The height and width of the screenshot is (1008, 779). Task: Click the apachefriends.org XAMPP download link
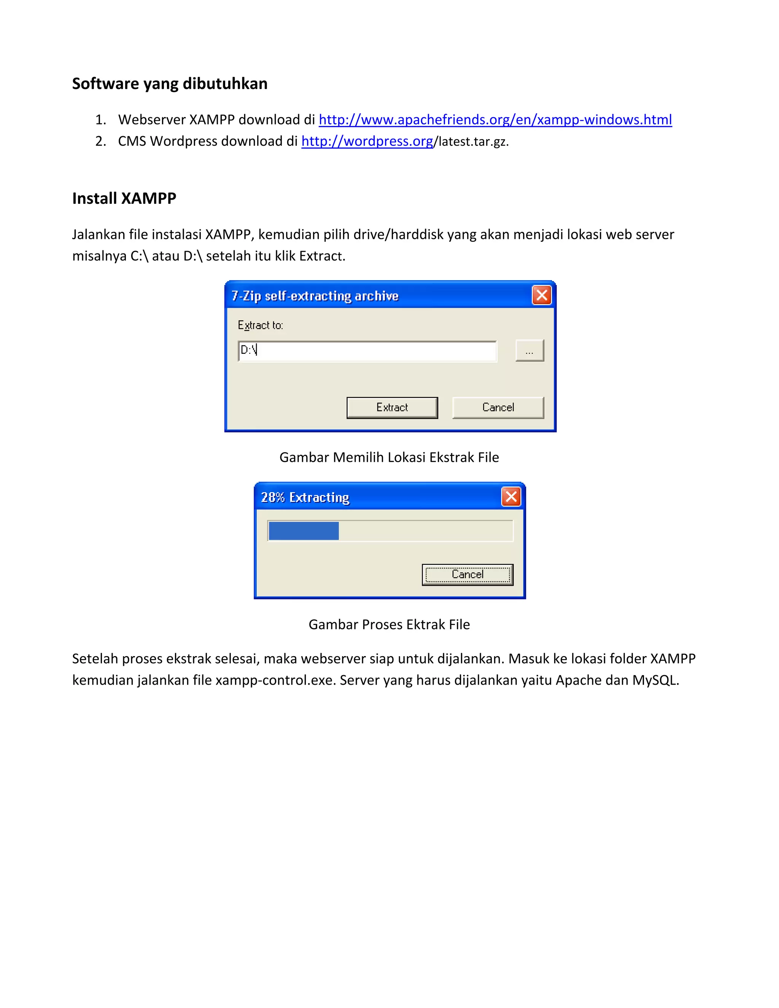coord(495,119)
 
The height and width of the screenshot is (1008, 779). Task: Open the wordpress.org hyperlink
coord(367,141)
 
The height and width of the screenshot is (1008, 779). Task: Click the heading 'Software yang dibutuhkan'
coord(169,84)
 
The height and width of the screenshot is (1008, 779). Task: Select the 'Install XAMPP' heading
coord(124,198)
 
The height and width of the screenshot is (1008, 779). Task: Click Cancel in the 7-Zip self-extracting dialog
coord(498,407)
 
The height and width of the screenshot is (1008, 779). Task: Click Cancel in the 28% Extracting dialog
coord(467,575)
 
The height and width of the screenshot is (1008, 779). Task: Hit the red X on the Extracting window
coord(511,497)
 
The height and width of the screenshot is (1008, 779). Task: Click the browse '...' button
coord(529,351)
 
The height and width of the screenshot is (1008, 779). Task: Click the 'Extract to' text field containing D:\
coord(367,351)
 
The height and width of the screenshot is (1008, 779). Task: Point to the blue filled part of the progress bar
coord(304,531)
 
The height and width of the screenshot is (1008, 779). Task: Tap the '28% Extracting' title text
coord(305,497)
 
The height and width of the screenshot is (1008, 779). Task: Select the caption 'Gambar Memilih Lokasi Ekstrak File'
coord(389,457)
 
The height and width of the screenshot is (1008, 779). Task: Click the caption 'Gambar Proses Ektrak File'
coord(389,625)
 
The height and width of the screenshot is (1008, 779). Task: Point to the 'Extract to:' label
coord(260,325)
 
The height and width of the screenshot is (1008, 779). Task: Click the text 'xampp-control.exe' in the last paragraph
coord(275,680)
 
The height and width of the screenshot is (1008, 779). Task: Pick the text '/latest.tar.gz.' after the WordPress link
coord(471,142)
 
